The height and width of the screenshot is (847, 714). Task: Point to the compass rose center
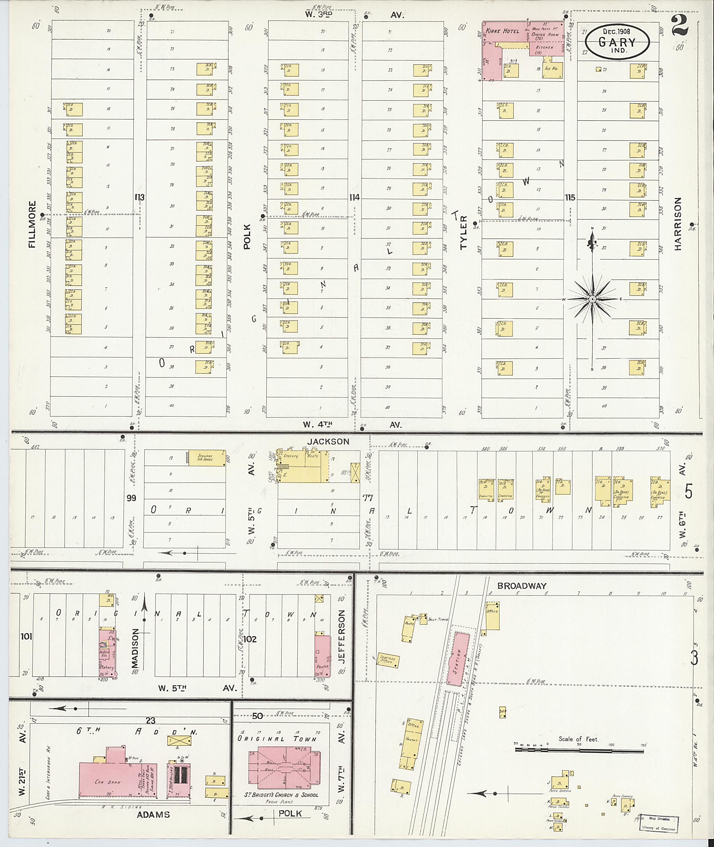click(592, 299)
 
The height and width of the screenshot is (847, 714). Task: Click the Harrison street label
click(678, 224)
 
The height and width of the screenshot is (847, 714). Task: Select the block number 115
click(570, 198)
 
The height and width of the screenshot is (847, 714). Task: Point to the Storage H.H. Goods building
click(206, 457)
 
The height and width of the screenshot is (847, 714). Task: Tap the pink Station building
click(458, 659)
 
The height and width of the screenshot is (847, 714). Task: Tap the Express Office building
click(389, 660)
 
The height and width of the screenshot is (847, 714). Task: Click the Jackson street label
click(328, 442)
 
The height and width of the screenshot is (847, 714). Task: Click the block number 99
click(131, 498)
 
